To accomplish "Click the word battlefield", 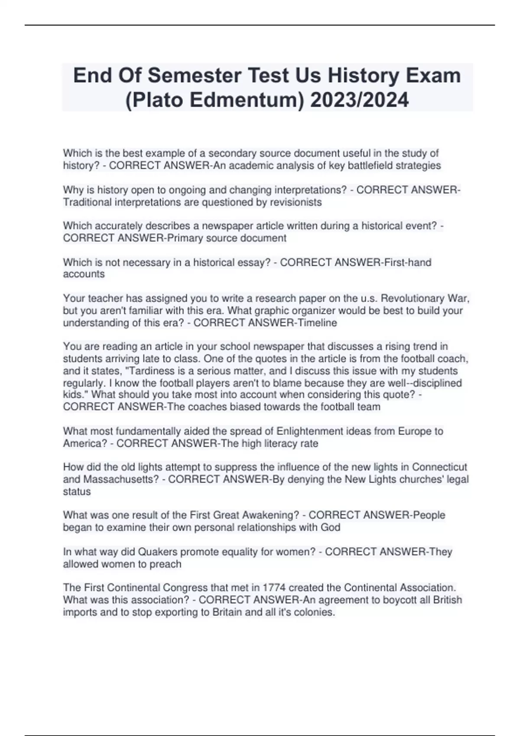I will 371,165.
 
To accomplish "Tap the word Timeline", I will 315,323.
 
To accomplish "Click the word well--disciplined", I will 422,383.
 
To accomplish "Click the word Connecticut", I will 439,467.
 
